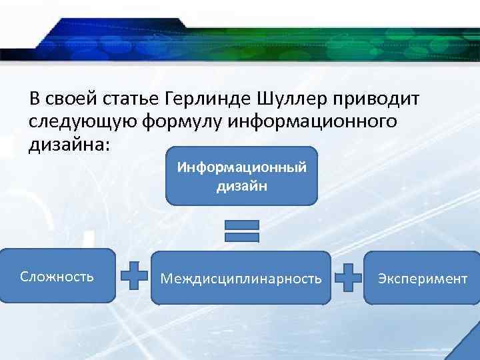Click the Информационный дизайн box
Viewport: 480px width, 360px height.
(241, 175)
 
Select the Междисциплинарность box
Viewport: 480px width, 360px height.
(241, 277)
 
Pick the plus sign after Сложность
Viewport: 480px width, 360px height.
(134, 275)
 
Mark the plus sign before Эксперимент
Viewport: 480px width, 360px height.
(347, 276)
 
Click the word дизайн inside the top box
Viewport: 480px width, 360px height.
(241, 187)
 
